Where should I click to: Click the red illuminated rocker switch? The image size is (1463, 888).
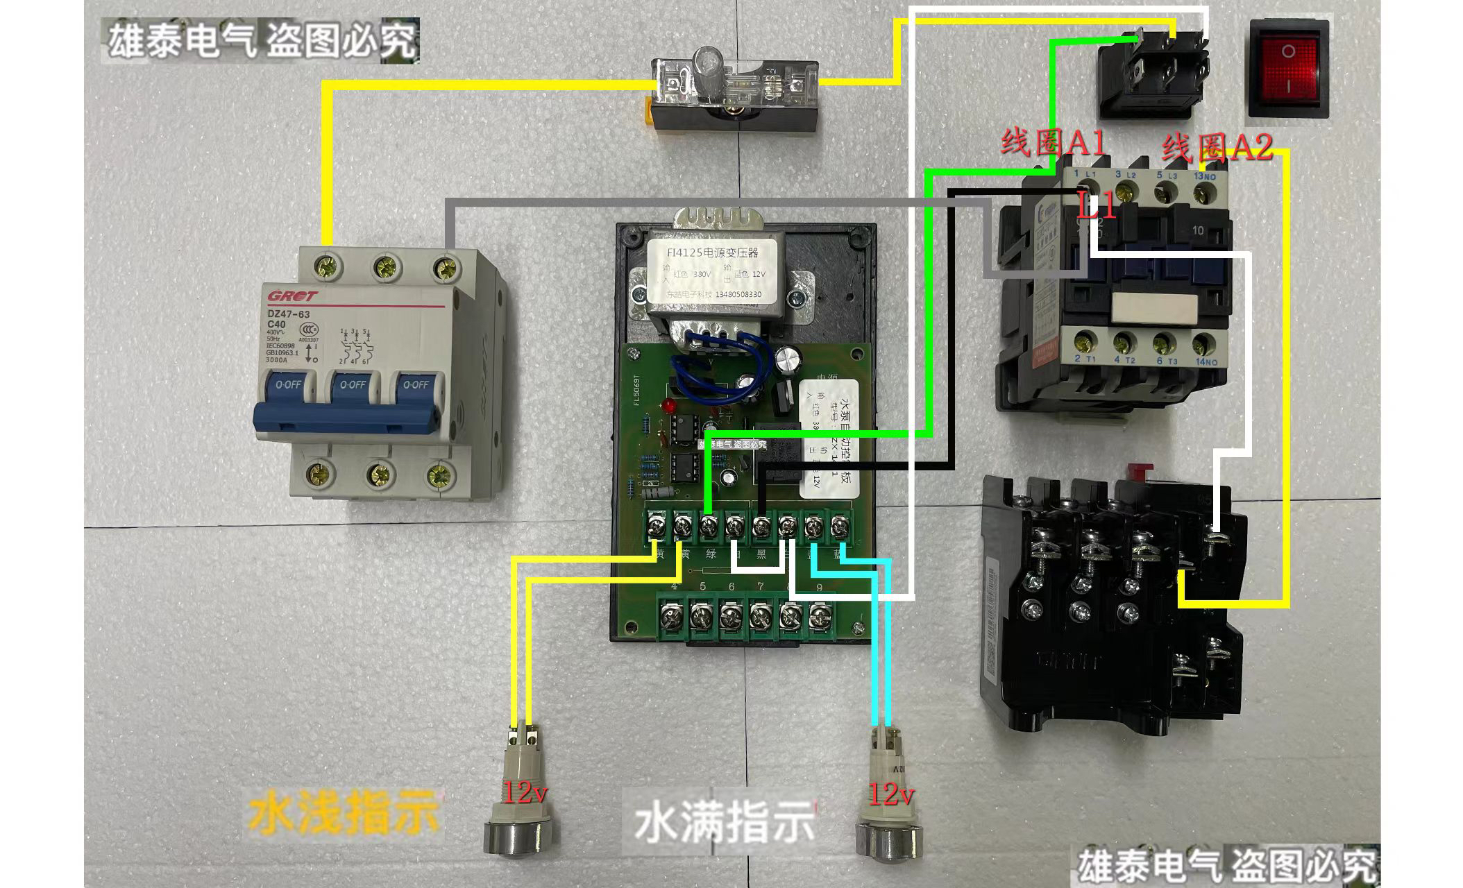pyautogui.click(x=1289, y=68)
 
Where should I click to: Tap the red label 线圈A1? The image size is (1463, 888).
pyautogui.click(x=1052, y=144)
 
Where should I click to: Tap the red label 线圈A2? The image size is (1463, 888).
pyautogui.click(x=1217, y=147)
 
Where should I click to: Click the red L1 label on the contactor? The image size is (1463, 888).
pyautogui.click(x=1097, y=206)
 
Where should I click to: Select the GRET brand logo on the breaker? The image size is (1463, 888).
pyautogui.click(x=291, y=297)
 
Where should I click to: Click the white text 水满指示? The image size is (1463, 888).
pyautogui.click(x=725, y=822)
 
